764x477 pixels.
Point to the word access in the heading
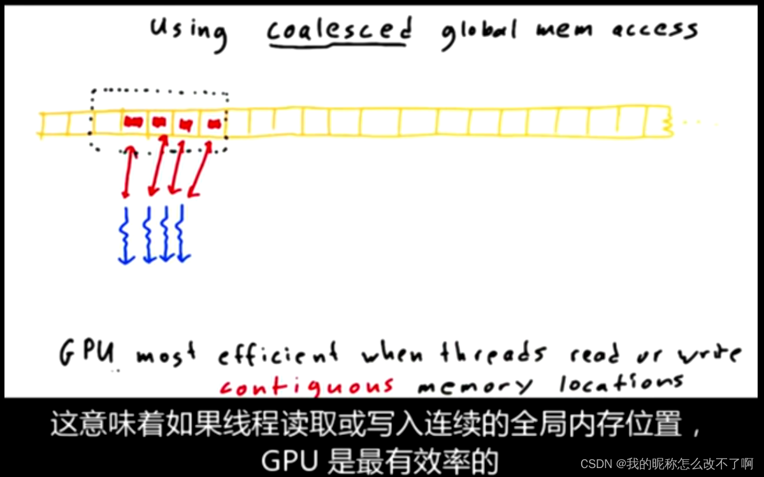[655, 29]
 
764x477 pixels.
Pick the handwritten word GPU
[87, 352]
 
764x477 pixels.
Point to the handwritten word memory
[475, 385]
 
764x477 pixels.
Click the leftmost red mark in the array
[133, 122]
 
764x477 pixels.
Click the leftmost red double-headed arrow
[128, 171]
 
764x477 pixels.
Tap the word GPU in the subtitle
[284, 460]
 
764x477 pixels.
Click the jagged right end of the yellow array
[667, 121]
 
